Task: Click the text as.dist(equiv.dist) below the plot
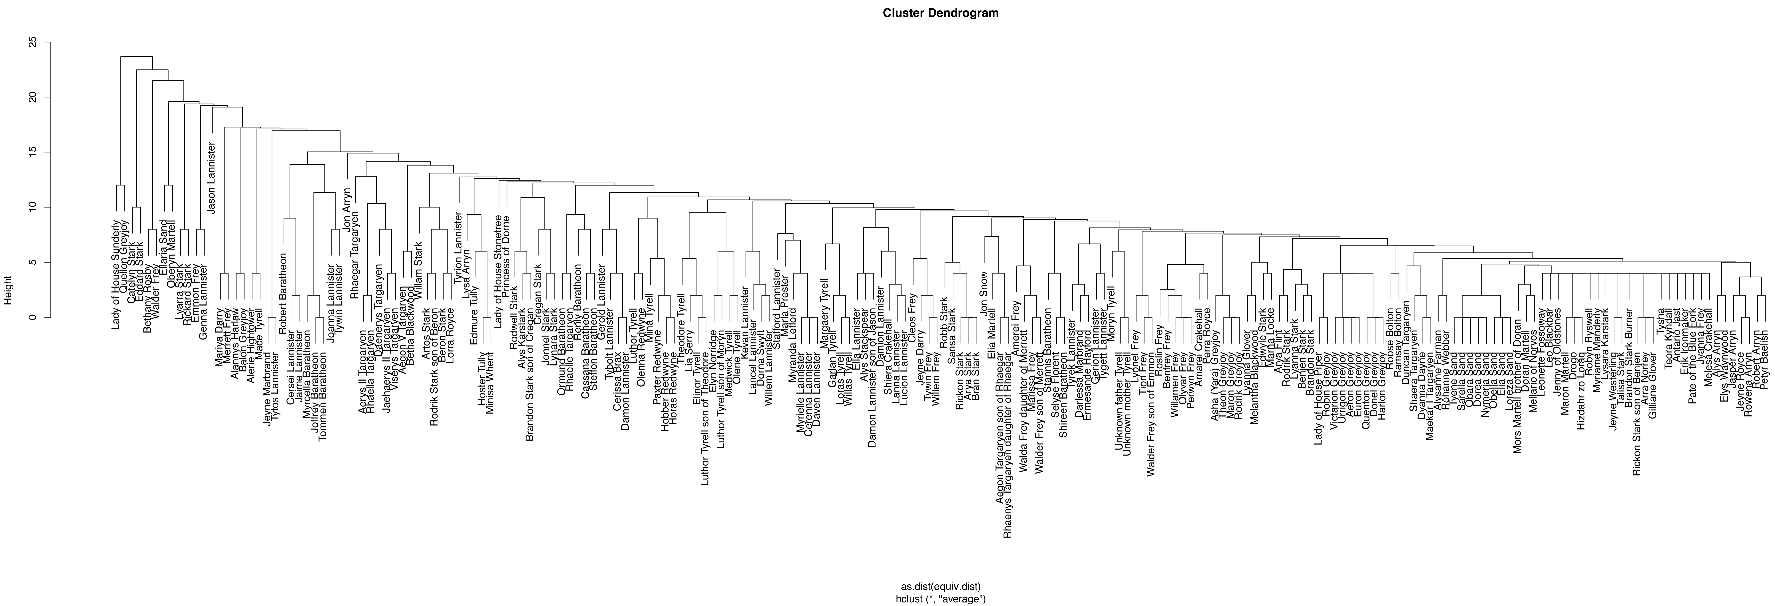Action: coord(941,586)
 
